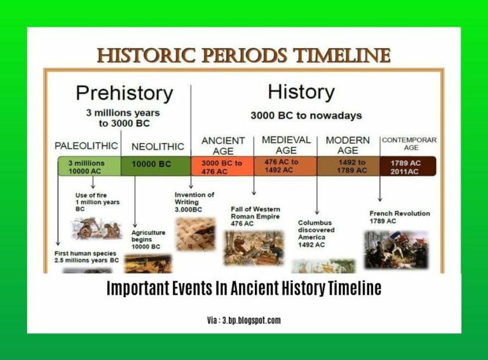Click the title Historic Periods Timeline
tap(243, 56)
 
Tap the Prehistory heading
tap(124, 93)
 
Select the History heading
tap(301, 91)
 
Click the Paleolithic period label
tap(86, 145)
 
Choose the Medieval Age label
tap(286, 145)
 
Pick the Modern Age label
tap(348, 145)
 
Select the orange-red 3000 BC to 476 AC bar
tap(222, 167)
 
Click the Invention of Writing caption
tap(194, 202)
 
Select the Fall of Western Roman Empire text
tap(255, 216)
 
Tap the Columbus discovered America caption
tap(316, 233)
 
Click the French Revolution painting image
tap(396, 249)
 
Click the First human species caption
tap(86, 257)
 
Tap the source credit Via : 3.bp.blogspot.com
tap(243, 320)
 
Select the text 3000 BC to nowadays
tap(306, 116)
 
